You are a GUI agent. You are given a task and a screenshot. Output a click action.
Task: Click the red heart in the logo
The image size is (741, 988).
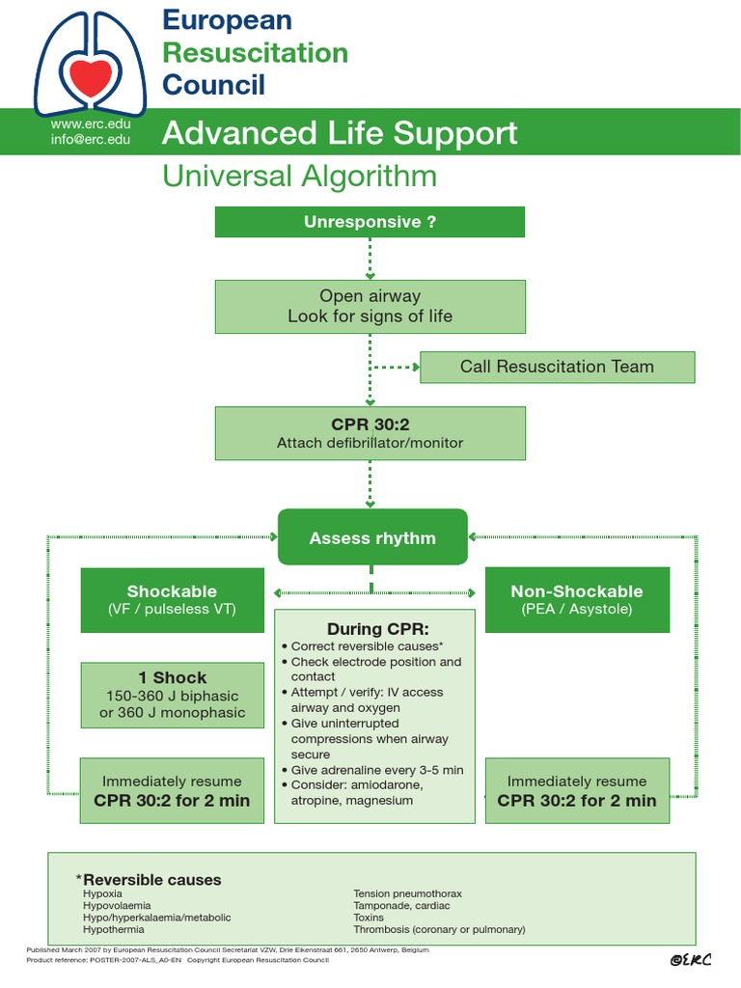click(92, 76)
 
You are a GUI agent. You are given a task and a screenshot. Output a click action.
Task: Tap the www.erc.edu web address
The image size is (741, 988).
click(91, 123)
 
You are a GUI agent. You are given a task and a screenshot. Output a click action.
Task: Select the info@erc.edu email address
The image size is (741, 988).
click(91, 140)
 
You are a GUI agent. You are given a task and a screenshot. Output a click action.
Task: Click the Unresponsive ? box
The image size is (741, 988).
click(370, 222)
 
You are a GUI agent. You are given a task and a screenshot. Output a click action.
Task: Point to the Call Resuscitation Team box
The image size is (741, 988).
click(557, 367)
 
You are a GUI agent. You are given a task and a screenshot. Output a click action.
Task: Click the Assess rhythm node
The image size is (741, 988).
click(372, 538)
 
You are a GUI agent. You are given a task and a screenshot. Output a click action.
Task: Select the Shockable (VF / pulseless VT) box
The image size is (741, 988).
click(172, 599)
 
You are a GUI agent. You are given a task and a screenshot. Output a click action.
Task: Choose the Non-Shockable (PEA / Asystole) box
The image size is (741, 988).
click(577, 599)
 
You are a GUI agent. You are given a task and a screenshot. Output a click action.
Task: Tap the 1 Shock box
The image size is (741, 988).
click(172, 695)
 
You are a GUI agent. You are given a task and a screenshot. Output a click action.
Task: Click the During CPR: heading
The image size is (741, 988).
click(374, 629)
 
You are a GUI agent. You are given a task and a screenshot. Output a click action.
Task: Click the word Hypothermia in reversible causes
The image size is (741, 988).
click(114, 929)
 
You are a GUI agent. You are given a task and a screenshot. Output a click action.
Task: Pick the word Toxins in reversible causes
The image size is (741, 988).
click(369, 918)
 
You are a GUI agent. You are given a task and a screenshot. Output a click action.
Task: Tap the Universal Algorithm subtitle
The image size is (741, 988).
click(299, 177)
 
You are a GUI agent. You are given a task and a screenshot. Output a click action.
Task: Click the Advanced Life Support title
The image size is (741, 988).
click(340, 133)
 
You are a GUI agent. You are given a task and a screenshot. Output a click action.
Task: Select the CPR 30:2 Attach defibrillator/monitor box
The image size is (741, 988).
click(370, 433)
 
